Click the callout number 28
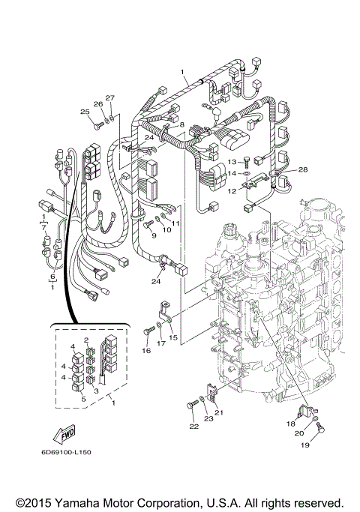tap(304, 169)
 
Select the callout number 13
tap(232, 161)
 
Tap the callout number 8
tap(181, 124)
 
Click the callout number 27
tap(109, 98)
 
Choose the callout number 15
tap(173, 339)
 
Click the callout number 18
tap(291, 424)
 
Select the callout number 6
tap(52, 277)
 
